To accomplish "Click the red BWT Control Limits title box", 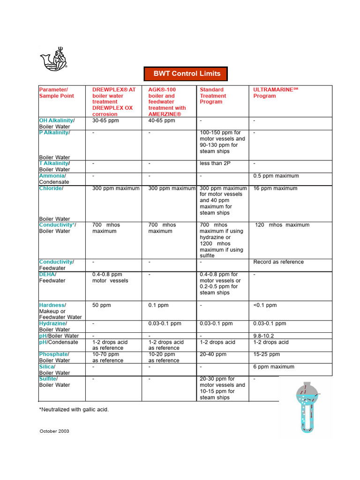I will tap(187, 74).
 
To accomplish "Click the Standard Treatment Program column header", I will tap(213, 96).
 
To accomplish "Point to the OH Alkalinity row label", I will tap(56, 120).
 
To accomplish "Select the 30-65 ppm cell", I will tap(105, 120).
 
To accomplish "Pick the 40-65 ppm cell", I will tap(162, 120).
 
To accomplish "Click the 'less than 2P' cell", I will tap(215, 163).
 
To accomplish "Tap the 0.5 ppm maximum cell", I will tap(276, 176).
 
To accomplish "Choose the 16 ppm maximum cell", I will tap(275, 188).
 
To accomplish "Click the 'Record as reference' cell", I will tap(278, 262).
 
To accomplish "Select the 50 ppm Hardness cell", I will tap(102, 305).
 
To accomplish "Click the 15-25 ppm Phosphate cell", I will tap(267, 354).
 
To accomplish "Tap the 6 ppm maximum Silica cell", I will tap(274, 367).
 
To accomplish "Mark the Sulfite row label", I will tap(48, 378).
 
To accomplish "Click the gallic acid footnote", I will tap(74, 409).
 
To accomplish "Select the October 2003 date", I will tap(54, 431).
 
